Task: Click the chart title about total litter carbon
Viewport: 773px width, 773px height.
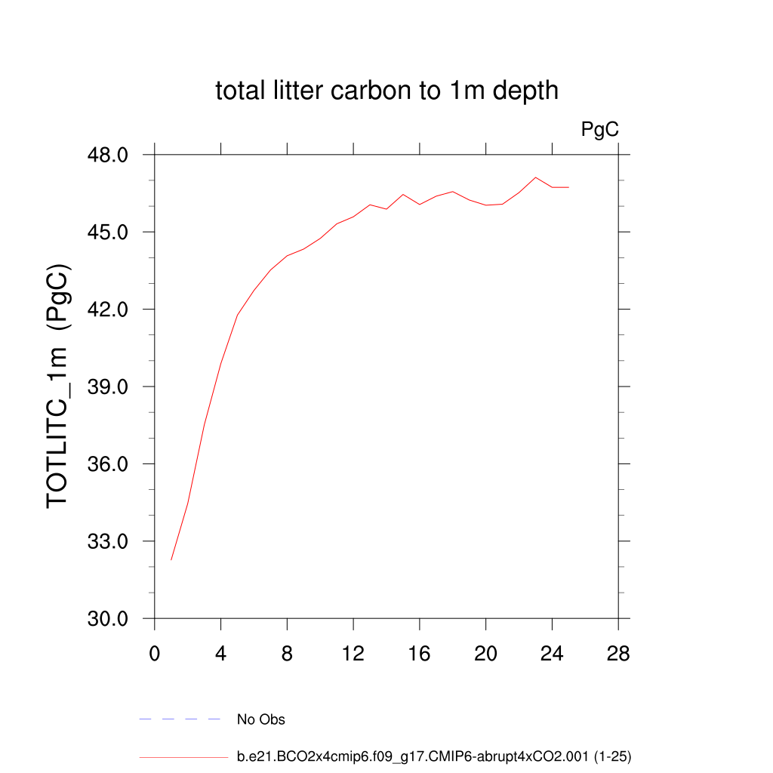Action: pyautogui.click(x=386, y=91)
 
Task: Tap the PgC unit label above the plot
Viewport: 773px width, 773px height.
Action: pyautogui.click(x=599, y=130)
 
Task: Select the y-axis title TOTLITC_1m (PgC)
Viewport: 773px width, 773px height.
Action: pyautogui.click(x=60, y=386)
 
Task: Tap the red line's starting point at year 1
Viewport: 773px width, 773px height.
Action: pyautogui.click(x=171, y=559)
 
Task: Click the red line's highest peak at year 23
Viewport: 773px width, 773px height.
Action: pyautogui.click(x=535, y=177)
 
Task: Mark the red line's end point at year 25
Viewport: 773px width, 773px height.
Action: pyautogui.click(x=568, y=187)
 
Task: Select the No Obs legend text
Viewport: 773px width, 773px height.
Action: pyautogui.click(x=261, y=719)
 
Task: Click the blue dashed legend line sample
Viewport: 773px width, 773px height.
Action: pyautogui.click(x=180, y=719)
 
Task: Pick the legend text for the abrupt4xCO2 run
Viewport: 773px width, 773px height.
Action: pyautogui.click(x=433, y=756)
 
